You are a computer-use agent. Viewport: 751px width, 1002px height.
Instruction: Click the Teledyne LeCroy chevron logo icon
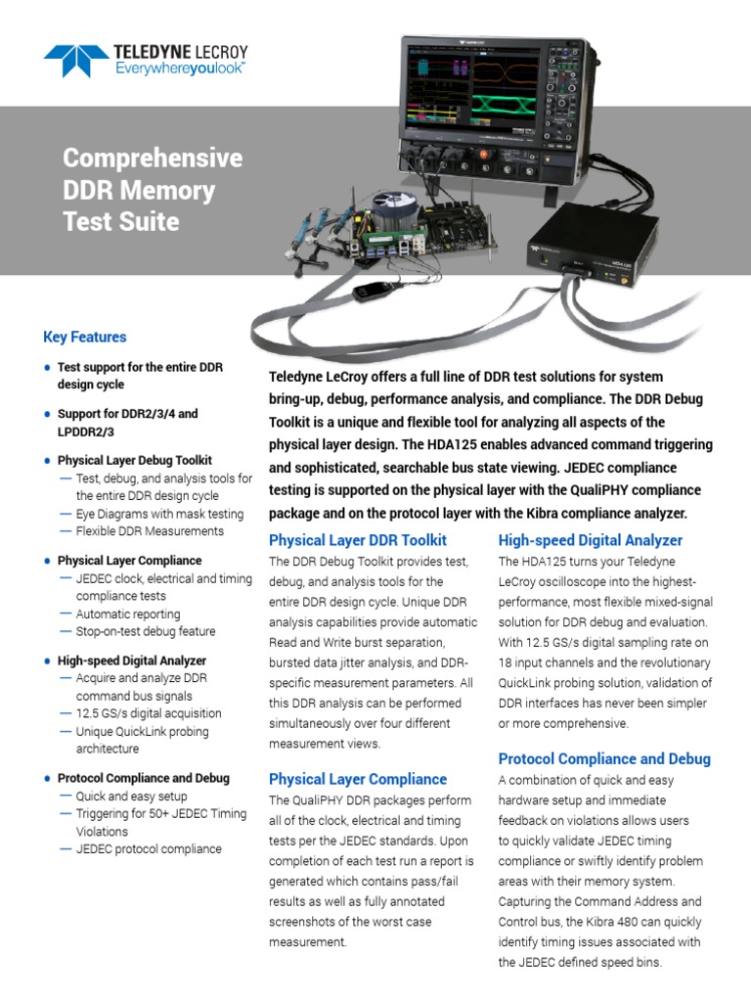coord(76,60)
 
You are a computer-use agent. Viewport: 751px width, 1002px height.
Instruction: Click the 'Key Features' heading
coord(85,337)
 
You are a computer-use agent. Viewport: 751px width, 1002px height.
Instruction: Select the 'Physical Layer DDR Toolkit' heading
coord(357,540)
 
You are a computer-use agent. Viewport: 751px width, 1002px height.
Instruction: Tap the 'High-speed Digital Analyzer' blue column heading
coord(590,540)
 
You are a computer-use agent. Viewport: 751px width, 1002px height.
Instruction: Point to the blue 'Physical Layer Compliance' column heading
coord(357,779)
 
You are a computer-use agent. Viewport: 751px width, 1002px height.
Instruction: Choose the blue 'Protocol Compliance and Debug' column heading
coord(604,758)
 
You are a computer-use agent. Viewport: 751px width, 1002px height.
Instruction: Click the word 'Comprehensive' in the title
coord(153,159)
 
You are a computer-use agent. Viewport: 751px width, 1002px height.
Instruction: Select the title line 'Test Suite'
coord(121,221)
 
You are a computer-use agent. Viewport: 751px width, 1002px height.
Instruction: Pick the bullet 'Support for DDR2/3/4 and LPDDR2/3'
coord(127,422)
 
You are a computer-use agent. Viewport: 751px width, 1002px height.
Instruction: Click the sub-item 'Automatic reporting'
coord(128,614)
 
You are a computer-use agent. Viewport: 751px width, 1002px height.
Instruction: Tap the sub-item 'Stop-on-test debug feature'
coord(146,631)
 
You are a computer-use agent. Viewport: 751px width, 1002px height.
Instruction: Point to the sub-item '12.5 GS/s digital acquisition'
coord(149,713)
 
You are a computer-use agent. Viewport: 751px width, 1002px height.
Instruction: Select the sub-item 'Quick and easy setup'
coord(131,797)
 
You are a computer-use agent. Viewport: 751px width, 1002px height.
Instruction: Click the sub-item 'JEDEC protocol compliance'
coord(149,849)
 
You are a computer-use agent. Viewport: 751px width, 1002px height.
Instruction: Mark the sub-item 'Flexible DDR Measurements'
coord(150,531)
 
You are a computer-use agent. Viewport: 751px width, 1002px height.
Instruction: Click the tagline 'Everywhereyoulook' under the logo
coord(180,68)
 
